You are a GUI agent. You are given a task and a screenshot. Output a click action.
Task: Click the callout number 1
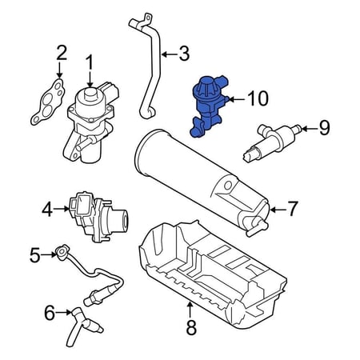point(90,62)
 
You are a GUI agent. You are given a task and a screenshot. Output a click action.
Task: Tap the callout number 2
point(62,54)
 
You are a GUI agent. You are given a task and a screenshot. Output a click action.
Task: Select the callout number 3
point(184,54)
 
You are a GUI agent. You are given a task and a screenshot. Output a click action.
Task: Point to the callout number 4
point(47,209)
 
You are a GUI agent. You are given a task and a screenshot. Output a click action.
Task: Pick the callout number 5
point(34,255)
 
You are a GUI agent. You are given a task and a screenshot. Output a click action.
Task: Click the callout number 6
point(50,313)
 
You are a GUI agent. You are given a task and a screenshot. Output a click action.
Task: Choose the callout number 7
point(292,209)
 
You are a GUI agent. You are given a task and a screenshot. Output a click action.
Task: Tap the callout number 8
point(191,327)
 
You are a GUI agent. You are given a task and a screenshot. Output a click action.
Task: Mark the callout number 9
point(324,128)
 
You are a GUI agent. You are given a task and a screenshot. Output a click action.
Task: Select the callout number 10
point(258,98)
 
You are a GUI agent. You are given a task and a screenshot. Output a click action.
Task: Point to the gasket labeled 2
point(49,102)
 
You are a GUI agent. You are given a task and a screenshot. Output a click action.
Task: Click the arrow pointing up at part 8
point(190,310)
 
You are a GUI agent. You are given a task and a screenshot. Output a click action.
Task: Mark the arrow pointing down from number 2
point(59,70)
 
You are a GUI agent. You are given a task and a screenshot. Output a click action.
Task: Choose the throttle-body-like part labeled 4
point(98,216)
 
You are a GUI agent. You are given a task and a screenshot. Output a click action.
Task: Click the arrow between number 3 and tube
point(170,54)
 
